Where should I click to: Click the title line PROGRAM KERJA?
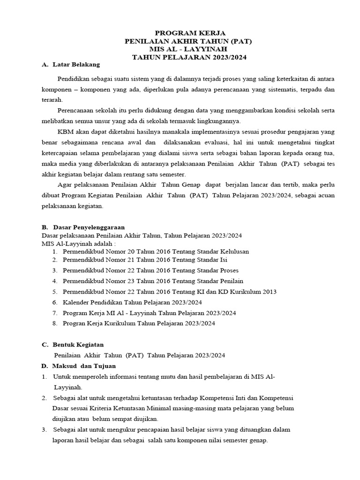190,33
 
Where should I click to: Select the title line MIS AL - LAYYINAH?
190,49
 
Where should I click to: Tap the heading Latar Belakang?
76,64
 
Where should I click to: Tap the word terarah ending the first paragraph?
52,99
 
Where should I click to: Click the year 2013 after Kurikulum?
269,292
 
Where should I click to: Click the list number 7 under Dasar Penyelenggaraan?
54,313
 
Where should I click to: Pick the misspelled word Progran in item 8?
75,323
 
